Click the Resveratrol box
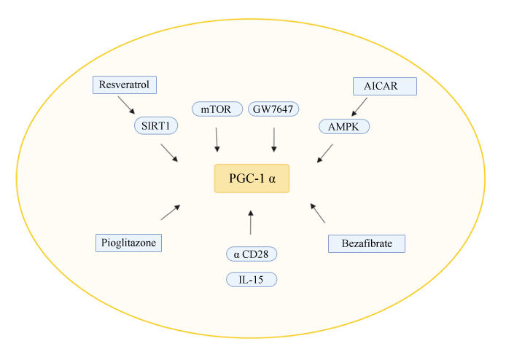(x=125, y=85)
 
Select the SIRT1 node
(x=157, y=126)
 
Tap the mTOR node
(x=217, y=109)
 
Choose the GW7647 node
(x=273, y=109)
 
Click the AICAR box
(x=384, y=86)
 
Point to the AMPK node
(x=344, y=126)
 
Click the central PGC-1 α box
(x=252, y=178)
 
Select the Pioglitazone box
(x=128, y=243)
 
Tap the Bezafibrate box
(x=366, y=243)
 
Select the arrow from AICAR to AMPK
(x=359, y=106)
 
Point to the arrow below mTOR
(x=217, y=139)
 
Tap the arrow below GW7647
(x=273, y=139)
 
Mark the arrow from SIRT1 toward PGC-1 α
(x=169, y=152)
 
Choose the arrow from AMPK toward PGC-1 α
(x=325, y=153)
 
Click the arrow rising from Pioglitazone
(x=170, y=212)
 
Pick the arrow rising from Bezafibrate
(x=318, y=212)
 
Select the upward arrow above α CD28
(x=251, y=222)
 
